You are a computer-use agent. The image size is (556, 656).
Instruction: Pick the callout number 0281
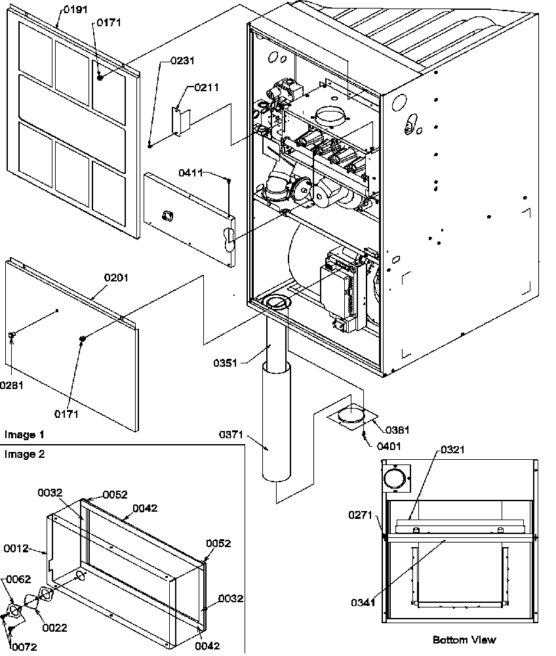click(12, 385)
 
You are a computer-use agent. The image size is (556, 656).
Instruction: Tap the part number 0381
click(398, 431)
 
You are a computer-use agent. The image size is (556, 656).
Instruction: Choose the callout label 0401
click(389, 445)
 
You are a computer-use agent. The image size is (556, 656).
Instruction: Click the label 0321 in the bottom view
click(452, 449)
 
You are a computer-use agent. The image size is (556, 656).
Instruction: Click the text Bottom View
click(464, 640)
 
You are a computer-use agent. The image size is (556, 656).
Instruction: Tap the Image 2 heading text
click(24, 454)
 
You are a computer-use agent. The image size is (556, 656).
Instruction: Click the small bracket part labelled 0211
click(180, 121)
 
